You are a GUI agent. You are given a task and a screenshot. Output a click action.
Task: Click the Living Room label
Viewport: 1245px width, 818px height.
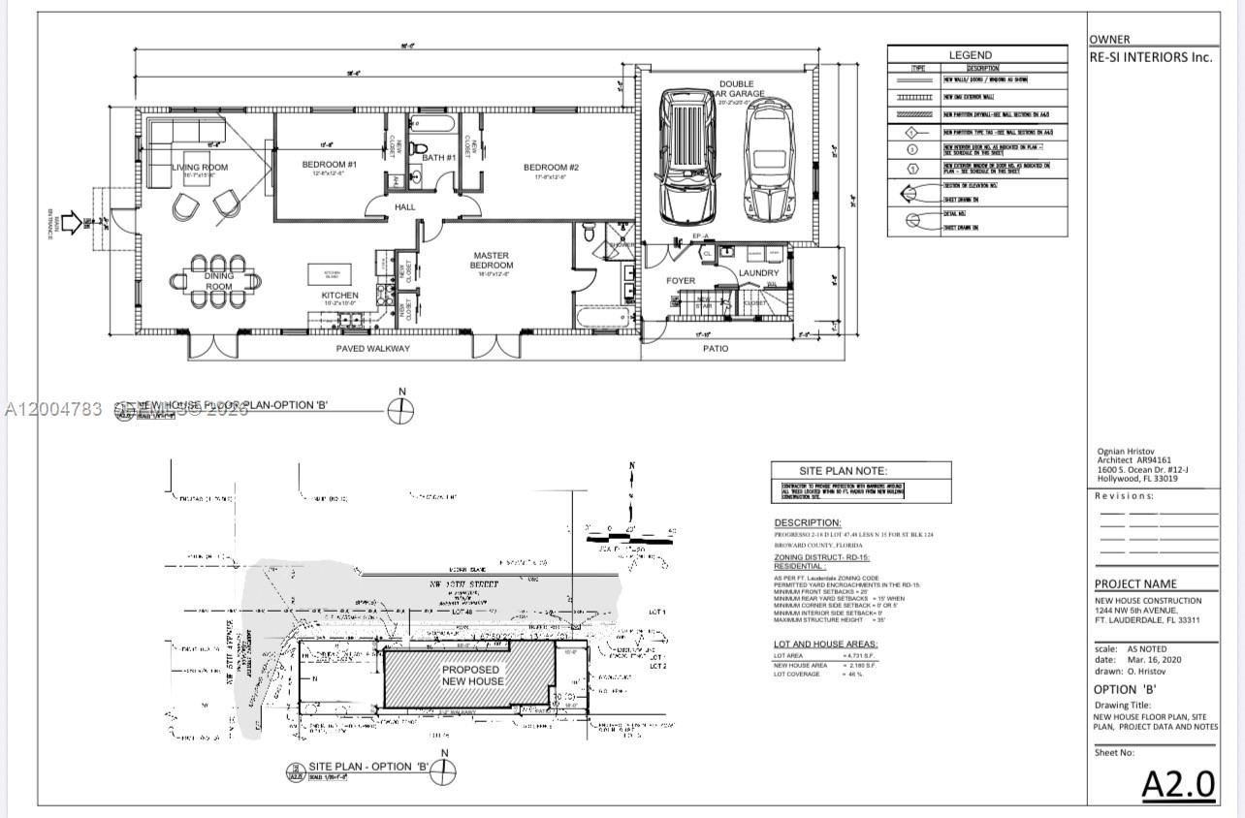pyautogui.click(x=200, y=168)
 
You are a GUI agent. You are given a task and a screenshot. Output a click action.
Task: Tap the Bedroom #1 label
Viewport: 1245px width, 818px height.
pyautogui.click(x=330, y=165)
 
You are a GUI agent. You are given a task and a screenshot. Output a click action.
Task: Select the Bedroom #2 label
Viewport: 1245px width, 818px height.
pyautogui.click(x=551, y=167)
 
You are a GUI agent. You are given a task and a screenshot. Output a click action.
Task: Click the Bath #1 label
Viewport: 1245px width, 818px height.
pyautogui.click(x=438, y=158)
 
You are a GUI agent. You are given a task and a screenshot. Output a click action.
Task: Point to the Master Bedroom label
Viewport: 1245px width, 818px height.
pyautogui.click(x=492, y=261)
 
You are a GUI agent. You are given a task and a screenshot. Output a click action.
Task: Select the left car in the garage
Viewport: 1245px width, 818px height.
pyautogui.click(x=688, y=155)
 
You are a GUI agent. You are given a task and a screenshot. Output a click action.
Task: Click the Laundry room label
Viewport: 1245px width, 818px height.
pyautogui.click(x=758, y=273)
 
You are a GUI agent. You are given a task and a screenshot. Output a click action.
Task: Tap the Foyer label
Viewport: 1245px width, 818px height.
pyautogui.click(x=681, y=281)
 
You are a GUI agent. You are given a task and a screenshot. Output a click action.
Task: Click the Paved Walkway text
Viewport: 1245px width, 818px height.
pyautogui.click(x=372, y=348)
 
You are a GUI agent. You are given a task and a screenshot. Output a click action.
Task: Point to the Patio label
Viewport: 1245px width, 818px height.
pyautogui.click(x=716, y=348)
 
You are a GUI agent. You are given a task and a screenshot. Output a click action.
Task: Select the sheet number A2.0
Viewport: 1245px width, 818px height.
pyautogui.click(x=1177, y=783)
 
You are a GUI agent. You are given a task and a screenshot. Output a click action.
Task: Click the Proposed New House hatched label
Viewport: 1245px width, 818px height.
pyautogui.click(x=472, y=676)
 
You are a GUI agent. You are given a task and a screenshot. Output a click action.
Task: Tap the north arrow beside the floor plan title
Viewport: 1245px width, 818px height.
pyautogui.click(x=400, y=411)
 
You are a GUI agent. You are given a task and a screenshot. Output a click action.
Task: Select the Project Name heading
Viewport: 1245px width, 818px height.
pyautogui.click(x=1135, y=583)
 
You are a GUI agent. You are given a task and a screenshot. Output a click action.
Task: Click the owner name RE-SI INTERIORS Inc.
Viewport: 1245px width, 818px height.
pyautogui.click(x=1151, y=57)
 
